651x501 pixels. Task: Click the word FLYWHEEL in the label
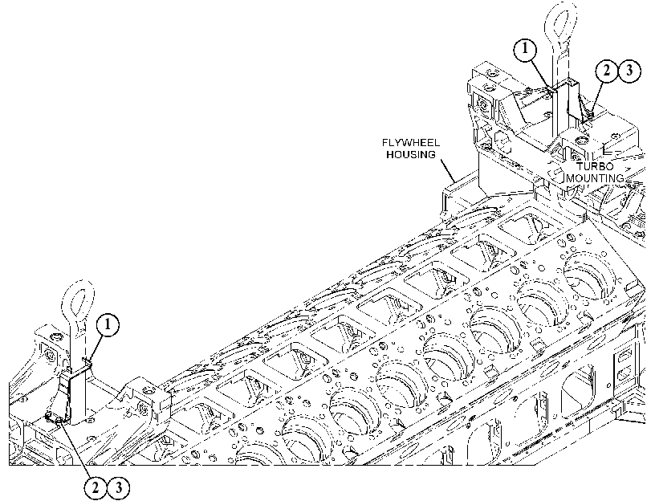(411, 143)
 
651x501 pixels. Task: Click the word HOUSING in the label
(411, 154)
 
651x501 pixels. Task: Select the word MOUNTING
(595, 178)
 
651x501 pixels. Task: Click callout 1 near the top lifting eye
(525, 49)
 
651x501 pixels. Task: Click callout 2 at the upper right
(607, 71)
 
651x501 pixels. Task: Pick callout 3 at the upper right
(629, 71)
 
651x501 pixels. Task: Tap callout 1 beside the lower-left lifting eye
(108, 324)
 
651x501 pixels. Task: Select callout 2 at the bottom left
(95, 487)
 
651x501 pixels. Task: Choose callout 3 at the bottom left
(118, 487)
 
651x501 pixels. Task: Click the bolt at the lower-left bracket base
(59, 422)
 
